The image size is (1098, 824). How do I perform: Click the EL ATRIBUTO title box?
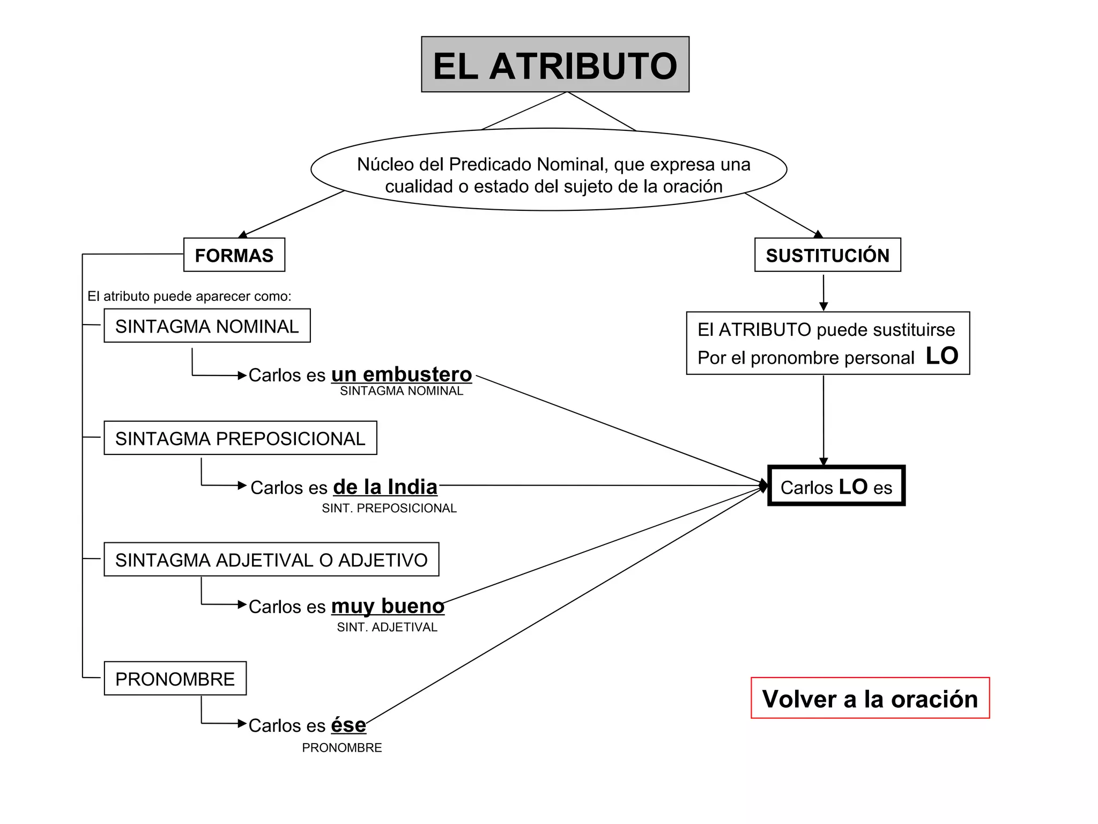point(555,65)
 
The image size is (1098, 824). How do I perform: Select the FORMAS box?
point(234,255)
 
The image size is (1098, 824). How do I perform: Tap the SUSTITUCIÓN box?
point(827,255)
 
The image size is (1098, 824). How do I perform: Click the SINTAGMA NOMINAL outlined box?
point(207,326)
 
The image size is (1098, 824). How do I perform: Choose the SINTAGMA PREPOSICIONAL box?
point(240,438)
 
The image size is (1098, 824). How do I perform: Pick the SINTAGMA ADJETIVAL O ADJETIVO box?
point(271,560)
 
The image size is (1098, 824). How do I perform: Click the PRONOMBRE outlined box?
point(175,679)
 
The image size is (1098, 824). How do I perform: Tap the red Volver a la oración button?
point(870,698)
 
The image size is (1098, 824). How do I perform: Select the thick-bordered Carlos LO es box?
point(836,486)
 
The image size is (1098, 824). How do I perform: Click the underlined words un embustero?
point(402,374)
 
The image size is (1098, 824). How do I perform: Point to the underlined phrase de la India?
point(385,487)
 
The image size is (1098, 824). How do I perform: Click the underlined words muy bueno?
point(388,606)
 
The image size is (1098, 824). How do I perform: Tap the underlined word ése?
point(348,725)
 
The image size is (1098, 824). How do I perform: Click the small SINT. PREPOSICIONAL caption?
point(389,508)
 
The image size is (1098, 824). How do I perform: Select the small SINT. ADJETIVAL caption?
point(387,627)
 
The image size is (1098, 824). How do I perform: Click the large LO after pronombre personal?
point(941,356)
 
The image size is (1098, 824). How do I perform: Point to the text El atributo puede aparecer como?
point(189,296)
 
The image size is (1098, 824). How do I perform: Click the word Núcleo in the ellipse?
point(384,164)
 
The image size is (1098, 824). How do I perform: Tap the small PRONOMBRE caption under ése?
point(342,748)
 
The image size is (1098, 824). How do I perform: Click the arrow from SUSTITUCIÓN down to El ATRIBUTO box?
point(823,292)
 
